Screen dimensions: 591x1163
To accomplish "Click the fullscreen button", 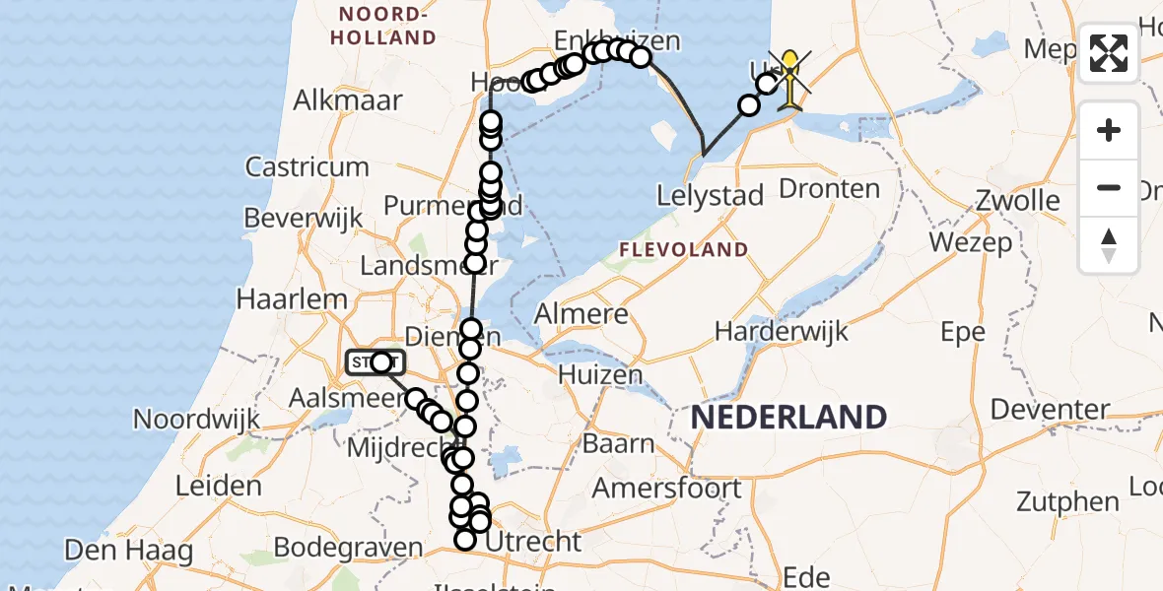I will coord(1109,53).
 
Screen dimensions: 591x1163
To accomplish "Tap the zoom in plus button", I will coord(1109,131).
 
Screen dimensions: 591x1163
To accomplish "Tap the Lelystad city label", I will coord(711,195).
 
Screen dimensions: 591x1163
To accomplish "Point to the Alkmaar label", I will coord(348,99).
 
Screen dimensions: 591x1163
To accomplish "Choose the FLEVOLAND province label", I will coord(683,250).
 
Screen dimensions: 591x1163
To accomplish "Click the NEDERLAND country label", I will coord(787,417).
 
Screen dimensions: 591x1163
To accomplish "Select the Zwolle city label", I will coord(1018,200).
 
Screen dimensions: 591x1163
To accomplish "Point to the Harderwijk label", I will coord(782,331).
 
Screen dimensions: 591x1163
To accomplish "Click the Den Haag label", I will coord(129,550).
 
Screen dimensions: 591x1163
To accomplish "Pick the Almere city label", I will coord(581,315).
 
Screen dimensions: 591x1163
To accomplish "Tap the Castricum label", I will coord(307,166).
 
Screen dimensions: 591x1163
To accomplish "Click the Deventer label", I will coord(1050,409).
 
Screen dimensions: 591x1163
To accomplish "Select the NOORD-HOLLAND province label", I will coord(384,27).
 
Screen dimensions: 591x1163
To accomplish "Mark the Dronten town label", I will coord(828,188).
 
